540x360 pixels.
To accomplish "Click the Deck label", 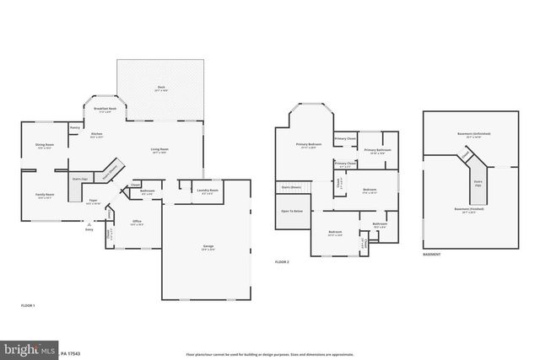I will coord(160,87).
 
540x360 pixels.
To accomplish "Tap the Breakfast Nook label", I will coord(106,109).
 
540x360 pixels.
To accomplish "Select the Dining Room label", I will coord(45,145).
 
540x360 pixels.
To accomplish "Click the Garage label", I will coord(208,246).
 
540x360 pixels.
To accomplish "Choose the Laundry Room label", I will coord(208,191).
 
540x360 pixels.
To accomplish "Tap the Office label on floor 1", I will coord(136,223).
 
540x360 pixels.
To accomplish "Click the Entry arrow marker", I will coord(89,224).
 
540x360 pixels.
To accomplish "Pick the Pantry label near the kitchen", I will coord(74,128).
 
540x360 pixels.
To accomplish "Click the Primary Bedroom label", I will coord(308,145).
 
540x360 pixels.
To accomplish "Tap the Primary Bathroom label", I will coord(376,150).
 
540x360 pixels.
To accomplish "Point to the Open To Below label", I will coord(292,211).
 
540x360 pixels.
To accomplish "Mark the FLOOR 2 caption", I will coord(282,262).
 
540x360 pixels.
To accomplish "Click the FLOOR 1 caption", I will coord(28,304).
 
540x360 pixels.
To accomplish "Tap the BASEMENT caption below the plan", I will coord(432,253).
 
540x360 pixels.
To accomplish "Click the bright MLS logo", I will coord(25,348).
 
